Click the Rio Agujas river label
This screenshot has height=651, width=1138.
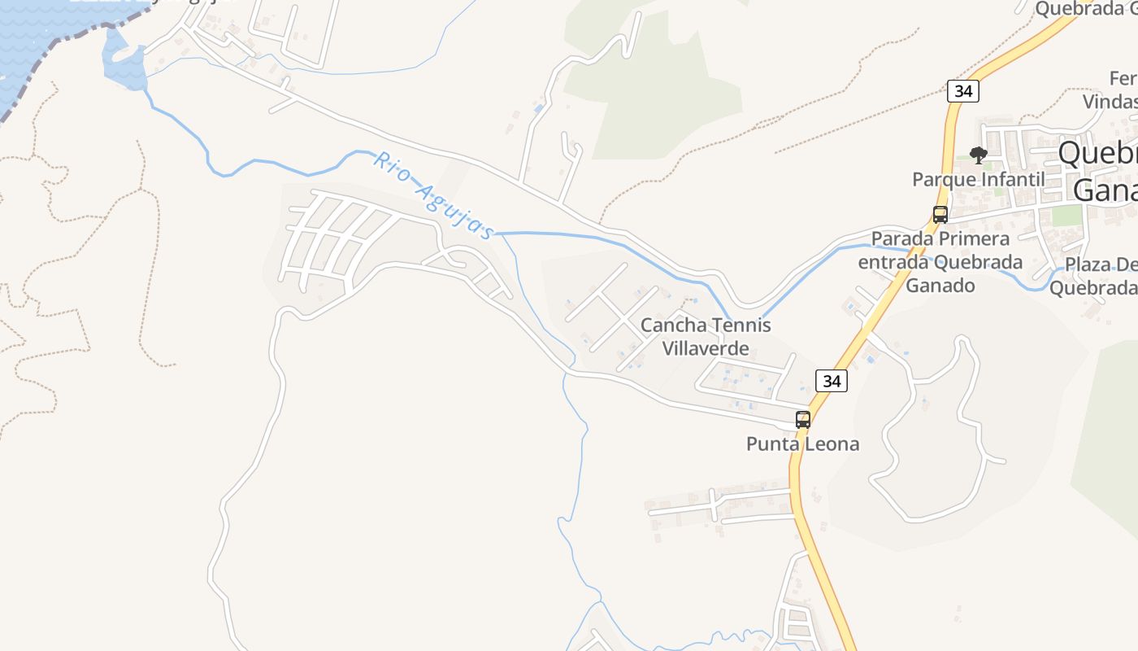432,196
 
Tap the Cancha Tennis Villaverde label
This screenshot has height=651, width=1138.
706,337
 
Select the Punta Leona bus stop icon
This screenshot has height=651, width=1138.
803,420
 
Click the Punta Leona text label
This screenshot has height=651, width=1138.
802,443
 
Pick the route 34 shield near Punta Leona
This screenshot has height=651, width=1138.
831,380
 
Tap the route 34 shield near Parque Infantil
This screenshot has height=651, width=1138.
963,90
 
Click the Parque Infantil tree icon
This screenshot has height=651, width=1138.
979,155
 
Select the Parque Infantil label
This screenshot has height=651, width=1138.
978,179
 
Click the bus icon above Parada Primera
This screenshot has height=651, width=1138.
940,215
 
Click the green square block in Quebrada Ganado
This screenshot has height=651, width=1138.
1067,215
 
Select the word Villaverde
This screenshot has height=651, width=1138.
706,349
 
